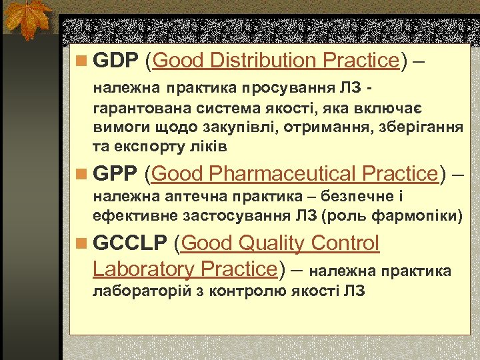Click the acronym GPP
coord(115,174)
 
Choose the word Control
coord(345,243)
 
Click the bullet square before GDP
coord(81,61)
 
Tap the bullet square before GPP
coord(81,175)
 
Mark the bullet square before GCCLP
coord(81,244)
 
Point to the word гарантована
coord(138,108)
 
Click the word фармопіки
coord(424,216)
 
